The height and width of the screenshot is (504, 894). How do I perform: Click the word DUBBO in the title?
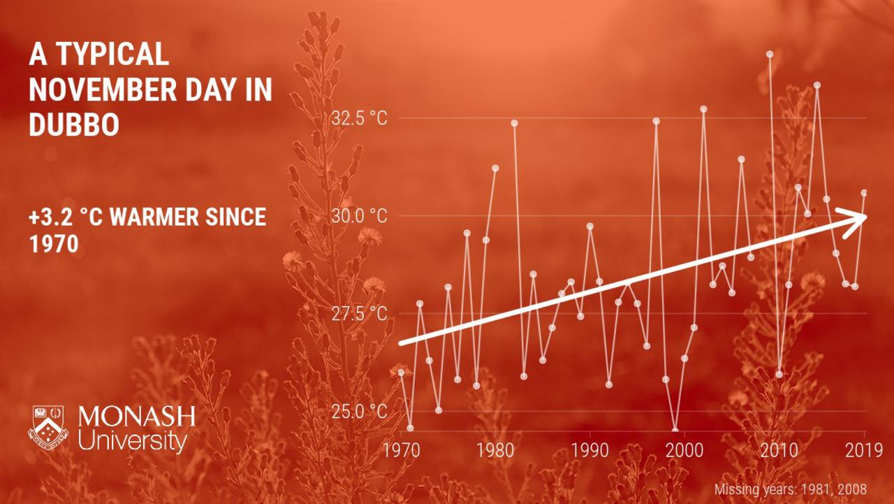click(x=74, y=124)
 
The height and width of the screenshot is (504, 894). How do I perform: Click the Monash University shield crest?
click(x=48, y=428)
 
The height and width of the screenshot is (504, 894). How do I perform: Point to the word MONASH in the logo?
click(x=136, y=417)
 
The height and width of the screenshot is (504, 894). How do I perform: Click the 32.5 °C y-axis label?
click(x=359, y=118)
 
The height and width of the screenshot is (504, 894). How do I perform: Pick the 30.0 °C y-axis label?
click(x=359, y=216)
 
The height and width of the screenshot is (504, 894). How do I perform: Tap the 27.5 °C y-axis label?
click(x=359, y=314)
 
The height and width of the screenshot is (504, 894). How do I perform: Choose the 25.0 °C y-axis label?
click(x=359, y=411)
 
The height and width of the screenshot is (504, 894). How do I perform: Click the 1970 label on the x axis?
click(x=402, y=450)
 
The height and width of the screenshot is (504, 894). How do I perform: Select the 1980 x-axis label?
click(x=495, y=450)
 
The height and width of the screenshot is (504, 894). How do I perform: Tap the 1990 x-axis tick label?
click(x=590, y=450)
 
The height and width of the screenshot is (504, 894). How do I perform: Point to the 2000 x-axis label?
click(x=684, y=450)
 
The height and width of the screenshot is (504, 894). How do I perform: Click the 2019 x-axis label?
click(x=864, y=450)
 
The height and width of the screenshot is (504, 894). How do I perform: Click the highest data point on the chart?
click(x=770, y=55)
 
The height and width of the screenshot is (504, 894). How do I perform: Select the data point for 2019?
click(x=865, y=193)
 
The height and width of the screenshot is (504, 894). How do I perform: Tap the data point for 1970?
click(x=401, y=373)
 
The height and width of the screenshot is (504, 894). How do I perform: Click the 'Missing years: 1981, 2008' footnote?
click(x=791, y=489)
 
